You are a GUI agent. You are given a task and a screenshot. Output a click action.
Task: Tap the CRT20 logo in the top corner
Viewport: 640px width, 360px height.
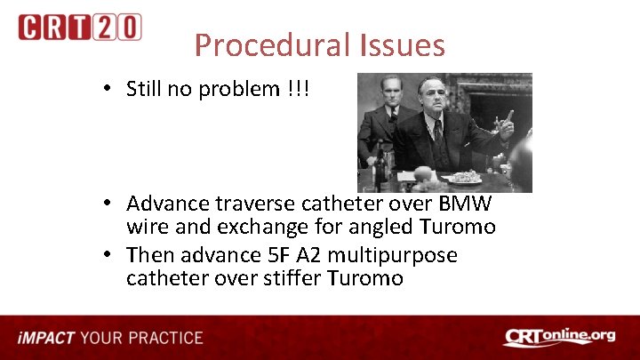(79, 27)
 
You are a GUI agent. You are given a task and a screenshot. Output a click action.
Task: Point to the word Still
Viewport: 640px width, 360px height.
(148, 89)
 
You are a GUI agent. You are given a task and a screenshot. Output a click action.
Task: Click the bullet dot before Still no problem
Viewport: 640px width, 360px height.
(107, 89)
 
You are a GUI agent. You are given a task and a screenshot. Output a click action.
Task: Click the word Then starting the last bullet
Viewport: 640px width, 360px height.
(150, 255)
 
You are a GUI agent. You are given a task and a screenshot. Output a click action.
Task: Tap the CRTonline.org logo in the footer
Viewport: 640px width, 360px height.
(559, 337)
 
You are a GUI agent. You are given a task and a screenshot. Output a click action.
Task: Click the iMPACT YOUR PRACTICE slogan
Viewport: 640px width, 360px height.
(110, 338)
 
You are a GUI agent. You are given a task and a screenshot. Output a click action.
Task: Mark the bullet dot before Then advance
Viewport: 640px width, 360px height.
(107, 255)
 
